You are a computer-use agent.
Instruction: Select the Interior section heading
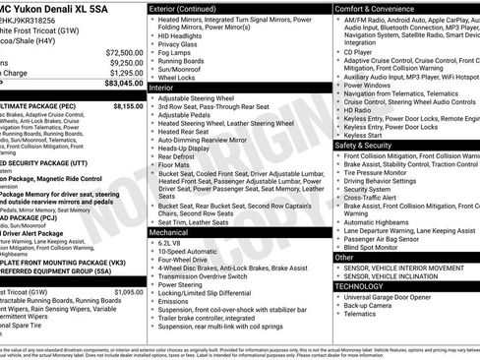click(162, 88)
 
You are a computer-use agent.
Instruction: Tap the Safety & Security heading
click(365, 145)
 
